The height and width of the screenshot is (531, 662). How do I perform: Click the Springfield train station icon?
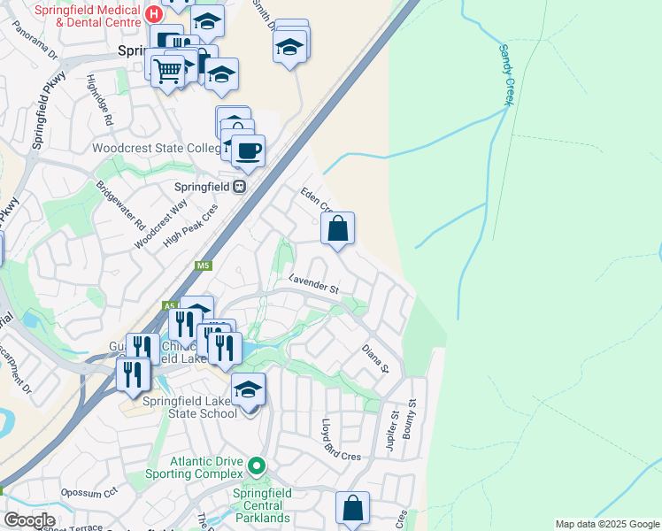pyautogui.click(x=239, y=186)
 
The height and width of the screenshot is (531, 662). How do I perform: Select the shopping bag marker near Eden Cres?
pyautogui.click(x=338, y=229)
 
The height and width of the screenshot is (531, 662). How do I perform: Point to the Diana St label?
pyautogui.click(x=375, y=358)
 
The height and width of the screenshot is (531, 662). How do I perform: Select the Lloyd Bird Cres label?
pyautogui.click(x=342, y=439)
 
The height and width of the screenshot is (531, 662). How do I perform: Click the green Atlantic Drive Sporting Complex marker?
pyautogui.click(x=257, y=465)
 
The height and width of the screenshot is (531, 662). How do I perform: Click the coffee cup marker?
pyautogui.click(x=248, y=151)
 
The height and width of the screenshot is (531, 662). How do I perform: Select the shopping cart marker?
pyautogui.click(x=167, y=70)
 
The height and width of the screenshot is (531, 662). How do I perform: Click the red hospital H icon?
pyautogui.click(x=155, y=14)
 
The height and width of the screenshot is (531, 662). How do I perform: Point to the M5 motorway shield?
pyautogui.click(x=204, y=265)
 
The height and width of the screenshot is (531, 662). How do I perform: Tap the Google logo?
pyautogui.click(x=29, y=520)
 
